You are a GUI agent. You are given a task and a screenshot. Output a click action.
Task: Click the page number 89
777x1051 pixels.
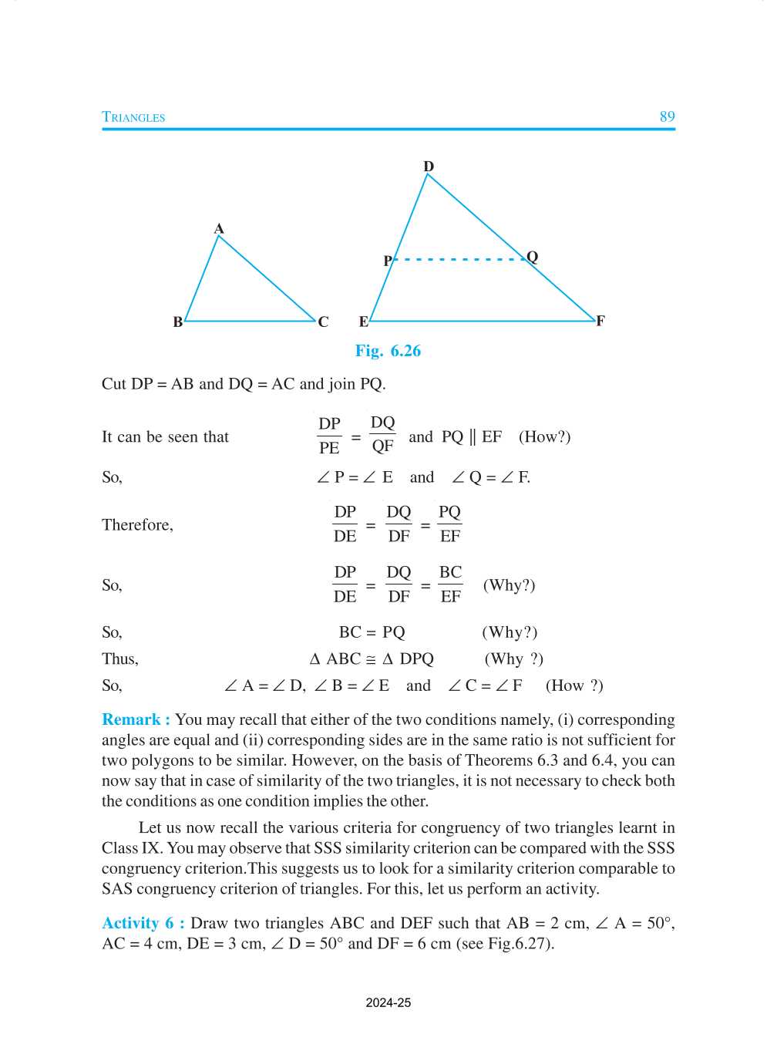click(667, 116)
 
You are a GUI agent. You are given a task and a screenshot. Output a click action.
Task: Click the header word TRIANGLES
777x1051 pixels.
click(133, 117)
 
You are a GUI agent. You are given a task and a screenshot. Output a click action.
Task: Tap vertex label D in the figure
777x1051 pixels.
click(429, 167)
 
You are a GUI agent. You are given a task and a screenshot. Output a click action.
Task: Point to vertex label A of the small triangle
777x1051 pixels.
click(219, 229)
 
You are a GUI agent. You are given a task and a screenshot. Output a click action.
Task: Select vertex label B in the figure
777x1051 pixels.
click(178, 322)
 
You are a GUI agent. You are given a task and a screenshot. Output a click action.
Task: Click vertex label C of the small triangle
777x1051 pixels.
click(323, 322)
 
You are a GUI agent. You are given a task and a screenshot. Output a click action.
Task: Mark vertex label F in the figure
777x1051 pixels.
click(600, 321)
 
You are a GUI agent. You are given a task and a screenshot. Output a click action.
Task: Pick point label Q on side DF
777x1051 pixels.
click(533, 257)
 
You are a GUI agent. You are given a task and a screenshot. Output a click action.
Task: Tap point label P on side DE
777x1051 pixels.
click(388, 261)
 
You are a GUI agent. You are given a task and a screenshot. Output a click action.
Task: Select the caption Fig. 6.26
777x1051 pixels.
click(388, 351)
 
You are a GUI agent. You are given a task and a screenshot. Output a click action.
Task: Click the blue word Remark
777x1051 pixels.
click(131, 719)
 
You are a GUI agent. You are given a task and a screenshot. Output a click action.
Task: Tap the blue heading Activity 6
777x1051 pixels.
click(143, 923)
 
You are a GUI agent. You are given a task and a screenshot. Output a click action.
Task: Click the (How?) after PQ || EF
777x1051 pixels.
click(544, 436)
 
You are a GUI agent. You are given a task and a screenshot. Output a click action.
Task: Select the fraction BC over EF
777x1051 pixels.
click(450, 584)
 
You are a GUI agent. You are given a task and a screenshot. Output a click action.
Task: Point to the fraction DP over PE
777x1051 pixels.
click(329, 436)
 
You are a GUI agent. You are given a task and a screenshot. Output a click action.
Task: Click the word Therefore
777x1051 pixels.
click(137, 525)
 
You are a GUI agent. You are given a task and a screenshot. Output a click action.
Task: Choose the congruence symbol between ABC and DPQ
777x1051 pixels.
click(371, 659)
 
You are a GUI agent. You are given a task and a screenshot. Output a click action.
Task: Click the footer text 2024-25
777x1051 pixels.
click(388, 1002)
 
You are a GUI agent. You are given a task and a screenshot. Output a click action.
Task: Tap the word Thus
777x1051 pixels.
click(119, 659)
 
